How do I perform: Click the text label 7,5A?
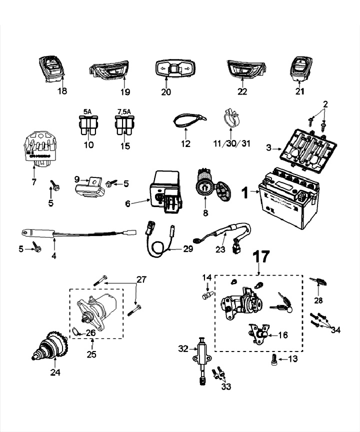click(x=123, y=112)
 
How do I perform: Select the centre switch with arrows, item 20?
click(x=172, y=69)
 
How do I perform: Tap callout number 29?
click(x=187, y=248)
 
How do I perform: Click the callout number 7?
click(x=33, y=182)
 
